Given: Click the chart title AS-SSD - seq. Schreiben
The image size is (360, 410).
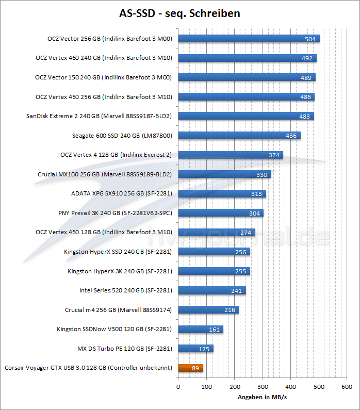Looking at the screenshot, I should coord(179,13).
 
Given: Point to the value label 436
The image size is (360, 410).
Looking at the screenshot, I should coord(291,136).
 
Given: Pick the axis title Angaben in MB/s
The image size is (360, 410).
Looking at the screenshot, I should coord(263,398).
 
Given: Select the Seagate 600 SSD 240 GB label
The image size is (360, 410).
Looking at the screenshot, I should coord(122,136).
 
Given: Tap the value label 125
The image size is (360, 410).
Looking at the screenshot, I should coord(204,349).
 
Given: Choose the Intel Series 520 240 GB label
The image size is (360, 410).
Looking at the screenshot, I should coord(125,290).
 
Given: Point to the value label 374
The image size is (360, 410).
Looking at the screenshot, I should coord(274,155).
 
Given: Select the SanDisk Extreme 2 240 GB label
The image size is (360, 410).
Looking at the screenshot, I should coord(99,116).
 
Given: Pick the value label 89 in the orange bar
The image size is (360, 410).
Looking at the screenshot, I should coord(194,368).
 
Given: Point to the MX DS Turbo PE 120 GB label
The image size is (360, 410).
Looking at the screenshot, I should coord(124,349).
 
